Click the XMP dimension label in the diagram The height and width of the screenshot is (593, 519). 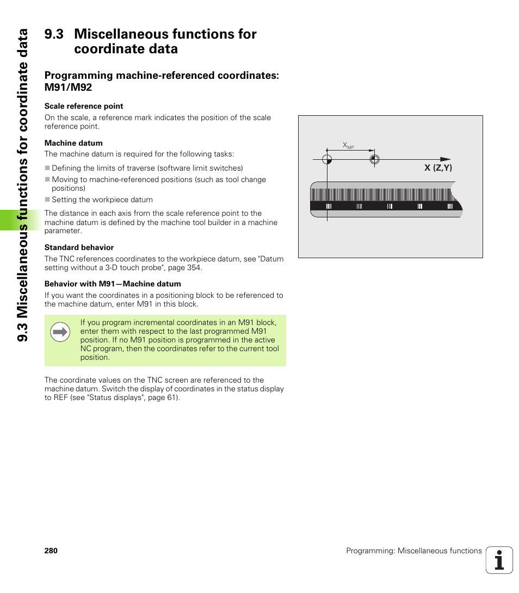(348, 145)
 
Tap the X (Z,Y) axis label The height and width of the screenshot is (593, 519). (438, 168)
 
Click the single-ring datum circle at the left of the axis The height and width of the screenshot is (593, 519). (326, 159)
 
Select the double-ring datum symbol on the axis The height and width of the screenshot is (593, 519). (374, 159)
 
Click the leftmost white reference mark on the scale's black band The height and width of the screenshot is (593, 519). (329, 207)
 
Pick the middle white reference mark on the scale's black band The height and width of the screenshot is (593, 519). (389, 207)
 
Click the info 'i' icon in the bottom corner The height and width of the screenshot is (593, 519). (499, 560)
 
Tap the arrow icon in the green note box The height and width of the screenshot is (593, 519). (60, 332)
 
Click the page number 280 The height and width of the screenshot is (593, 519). (51, 551)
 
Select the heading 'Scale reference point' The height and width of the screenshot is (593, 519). (84, 106)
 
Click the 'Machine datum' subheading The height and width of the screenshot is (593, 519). (73, 143)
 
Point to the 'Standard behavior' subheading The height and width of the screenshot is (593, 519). (79, 247)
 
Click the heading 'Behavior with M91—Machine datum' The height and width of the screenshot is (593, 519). (113, 284)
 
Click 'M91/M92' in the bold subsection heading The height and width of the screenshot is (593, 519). (68, 87)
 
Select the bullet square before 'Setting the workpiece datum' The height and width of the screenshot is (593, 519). (47, 199)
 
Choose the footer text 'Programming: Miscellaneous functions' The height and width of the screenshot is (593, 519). (414, 551)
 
